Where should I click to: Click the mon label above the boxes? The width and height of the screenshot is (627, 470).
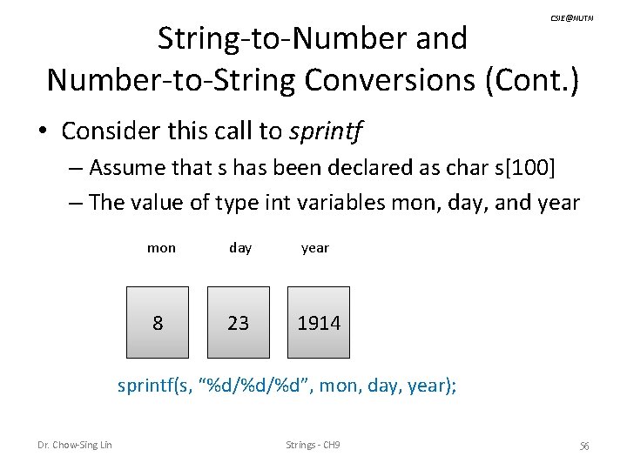(x=161, y=248)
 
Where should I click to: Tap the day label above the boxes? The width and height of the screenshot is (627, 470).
(x=240, y=248)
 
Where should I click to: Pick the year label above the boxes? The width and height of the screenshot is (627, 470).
(x=315, y=248)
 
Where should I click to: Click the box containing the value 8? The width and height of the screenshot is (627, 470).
(x=158, y=323)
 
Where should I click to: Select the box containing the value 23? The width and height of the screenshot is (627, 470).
(x=238, y=323)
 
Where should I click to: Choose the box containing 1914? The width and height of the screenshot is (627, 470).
(x=318, y=323)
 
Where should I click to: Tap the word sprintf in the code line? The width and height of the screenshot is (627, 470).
(x=145, y=385)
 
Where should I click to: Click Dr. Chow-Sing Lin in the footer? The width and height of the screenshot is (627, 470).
(x=74, y=446)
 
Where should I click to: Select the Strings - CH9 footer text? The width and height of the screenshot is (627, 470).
(x=313, y=446)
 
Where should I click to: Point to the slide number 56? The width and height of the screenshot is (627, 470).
(x=584, y=446)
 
